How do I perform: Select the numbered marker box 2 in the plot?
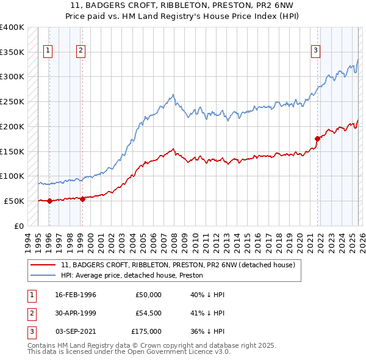click(81, 51)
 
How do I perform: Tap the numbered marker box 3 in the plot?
click(316, 51)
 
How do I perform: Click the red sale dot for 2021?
click(318, 139)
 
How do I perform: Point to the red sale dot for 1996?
click(49, 201)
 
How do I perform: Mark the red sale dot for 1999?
click(82, 198)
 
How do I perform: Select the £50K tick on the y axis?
click(14, 201)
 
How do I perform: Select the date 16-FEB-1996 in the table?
click(76, 295)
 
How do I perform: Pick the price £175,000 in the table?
click(146, 331)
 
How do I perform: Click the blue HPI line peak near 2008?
click(174, 95)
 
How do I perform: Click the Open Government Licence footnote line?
click(129, 352)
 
